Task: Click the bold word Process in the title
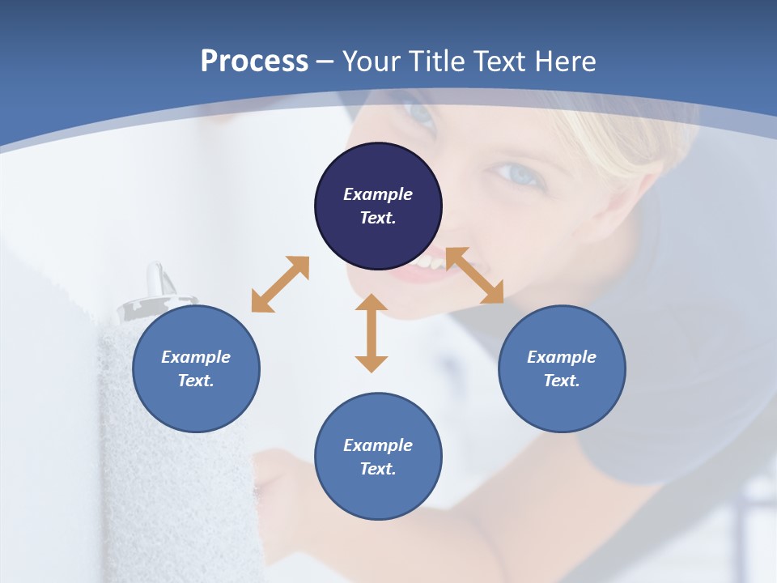pyautogui.click(x=254, y=62)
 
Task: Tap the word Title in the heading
pyautogui.click(x=436, y=62)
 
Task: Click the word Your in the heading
pyautogui.click(x=372, y=62)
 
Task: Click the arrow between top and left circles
pyautogui.click(x=280, y=284)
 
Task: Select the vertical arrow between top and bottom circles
pyautogui.click(x=372, y=333)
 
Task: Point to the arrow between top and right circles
pyautogui.click(x=475, y=275)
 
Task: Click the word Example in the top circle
pyautogui.click(x=378, y=194)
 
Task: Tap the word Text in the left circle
pyautogui.click(x=196, y=381)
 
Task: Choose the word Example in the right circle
pyautogui.click(x=562, y=357)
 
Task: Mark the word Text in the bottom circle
pyautogui.click(x=378, y=469)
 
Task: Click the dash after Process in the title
pyautogui.click(x=325, y=62)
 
